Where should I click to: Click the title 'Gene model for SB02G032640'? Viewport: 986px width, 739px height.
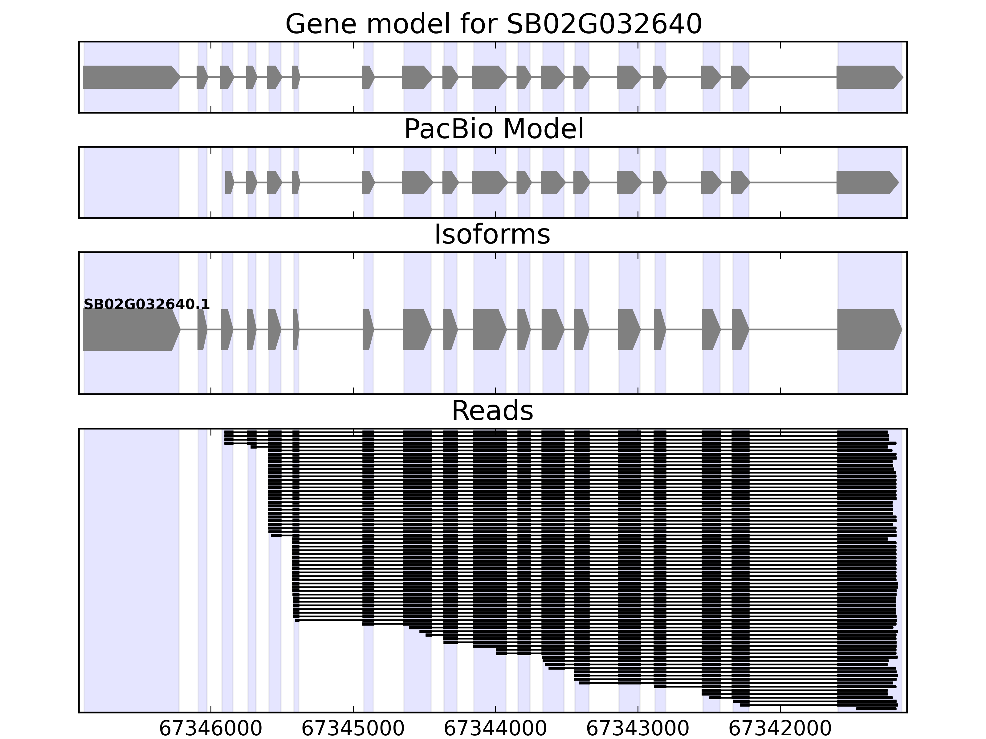click(493, 24)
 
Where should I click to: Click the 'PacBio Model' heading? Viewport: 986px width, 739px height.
click(493, 129)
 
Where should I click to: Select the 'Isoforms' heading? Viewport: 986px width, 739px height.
click(492, 234)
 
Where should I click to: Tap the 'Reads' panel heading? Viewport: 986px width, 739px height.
click(492, 411)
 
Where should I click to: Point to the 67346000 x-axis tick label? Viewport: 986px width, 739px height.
click(210, 729)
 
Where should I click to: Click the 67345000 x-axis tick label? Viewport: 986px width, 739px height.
click(353, 729)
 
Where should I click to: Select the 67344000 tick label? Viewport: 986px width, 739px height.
click(495, 729)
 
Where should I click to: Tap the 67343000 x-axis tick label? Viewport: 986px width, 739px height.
click(638, 729)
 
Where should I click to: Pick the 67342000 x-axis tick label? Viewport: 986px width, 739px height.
click(780, 729)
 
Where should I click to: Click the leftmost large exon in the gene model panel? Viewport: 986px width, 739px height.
click(129, 77)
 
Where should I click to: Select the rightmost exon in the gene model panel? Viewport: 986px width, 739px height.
click(867, 77)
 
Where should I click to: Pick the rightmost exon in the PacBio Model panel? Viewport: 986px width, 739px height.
click(865, 182)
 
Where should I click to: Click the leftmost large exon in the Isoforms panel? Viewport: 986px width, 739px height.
click(129, 330)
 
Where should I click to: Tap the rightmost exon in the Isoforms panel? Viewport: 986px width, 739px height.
click(867, 330)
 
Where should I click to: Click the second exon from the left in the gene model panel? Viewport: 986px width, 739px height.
click(202, 77)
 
